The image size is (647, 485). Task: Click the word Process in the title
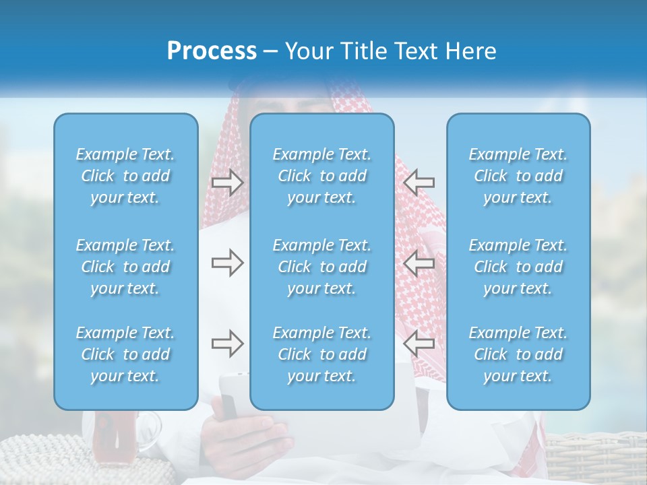[x=212, y=51]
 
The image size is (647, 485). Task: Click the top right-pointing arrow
[x=228, y=182]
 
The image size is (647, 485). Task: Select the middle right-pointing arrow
[x=228, y=263]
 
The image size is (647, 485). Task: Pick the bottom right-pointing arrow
[x=228, y=344]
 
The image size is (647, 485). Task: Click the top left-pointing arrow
[x=419, y=182]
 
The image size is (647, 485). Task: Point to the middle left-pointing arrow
[x=419, y=263]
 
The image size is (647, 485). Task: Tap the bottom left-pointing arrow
[x=419, y=344]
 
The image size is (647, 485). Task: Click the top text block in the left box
[x=125, y=176]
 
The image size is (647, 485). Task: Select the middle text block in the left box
[x=125, y=267]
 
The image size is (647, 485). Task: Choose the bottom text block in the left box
[x=125, y=354]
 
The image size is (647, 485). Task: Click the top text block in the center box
[x=321, y=176]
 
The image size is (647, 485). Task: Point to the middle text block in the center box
[x=321, y=267]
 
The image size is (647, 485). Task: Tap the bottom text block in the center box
[x=321, y=354]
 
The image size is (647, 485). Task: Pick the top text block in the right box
[x=518, y=176]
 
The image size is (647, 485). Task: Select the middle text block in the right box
[x=518, y=267]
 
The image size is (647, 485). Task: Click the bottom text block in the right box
[x=518, y=354]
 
